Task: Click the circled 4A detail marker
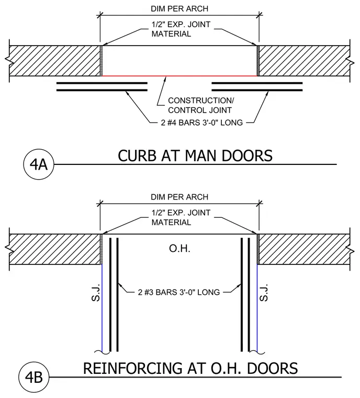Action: (39, 164)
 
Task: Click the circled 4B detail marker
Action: (34, 377)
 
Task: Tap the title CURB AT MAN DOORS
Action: (195, 156)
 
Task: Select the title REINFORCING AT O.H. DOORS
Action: (190, 368)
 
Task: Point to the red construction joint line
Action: (179, 75)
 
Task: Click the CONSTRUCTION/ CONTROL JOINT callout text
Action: (201, 105)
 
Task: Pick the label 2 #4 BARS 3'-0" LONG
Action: (201, 123)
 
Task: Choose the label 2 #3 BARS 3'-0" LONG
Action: (179, 292)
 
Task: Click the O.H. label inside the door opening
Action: (179, 249)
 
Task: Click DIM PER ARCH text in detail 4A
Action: (179, 8)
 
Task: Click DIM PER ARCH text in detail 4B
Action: (179, 197)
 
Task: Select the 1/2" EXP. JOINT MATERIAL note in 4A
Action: (181, 29)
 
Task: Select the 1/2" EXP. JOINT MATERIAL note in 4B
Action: (181, 217)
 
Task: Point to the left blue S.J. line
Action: (102, 308)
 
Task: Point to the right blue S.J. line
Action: (257, 308)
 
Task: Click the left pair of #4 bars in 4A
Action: (102, 86)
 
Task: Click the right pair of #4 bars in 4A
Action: (257, 86)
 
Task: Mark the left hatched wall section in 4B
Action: (55, 249)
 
